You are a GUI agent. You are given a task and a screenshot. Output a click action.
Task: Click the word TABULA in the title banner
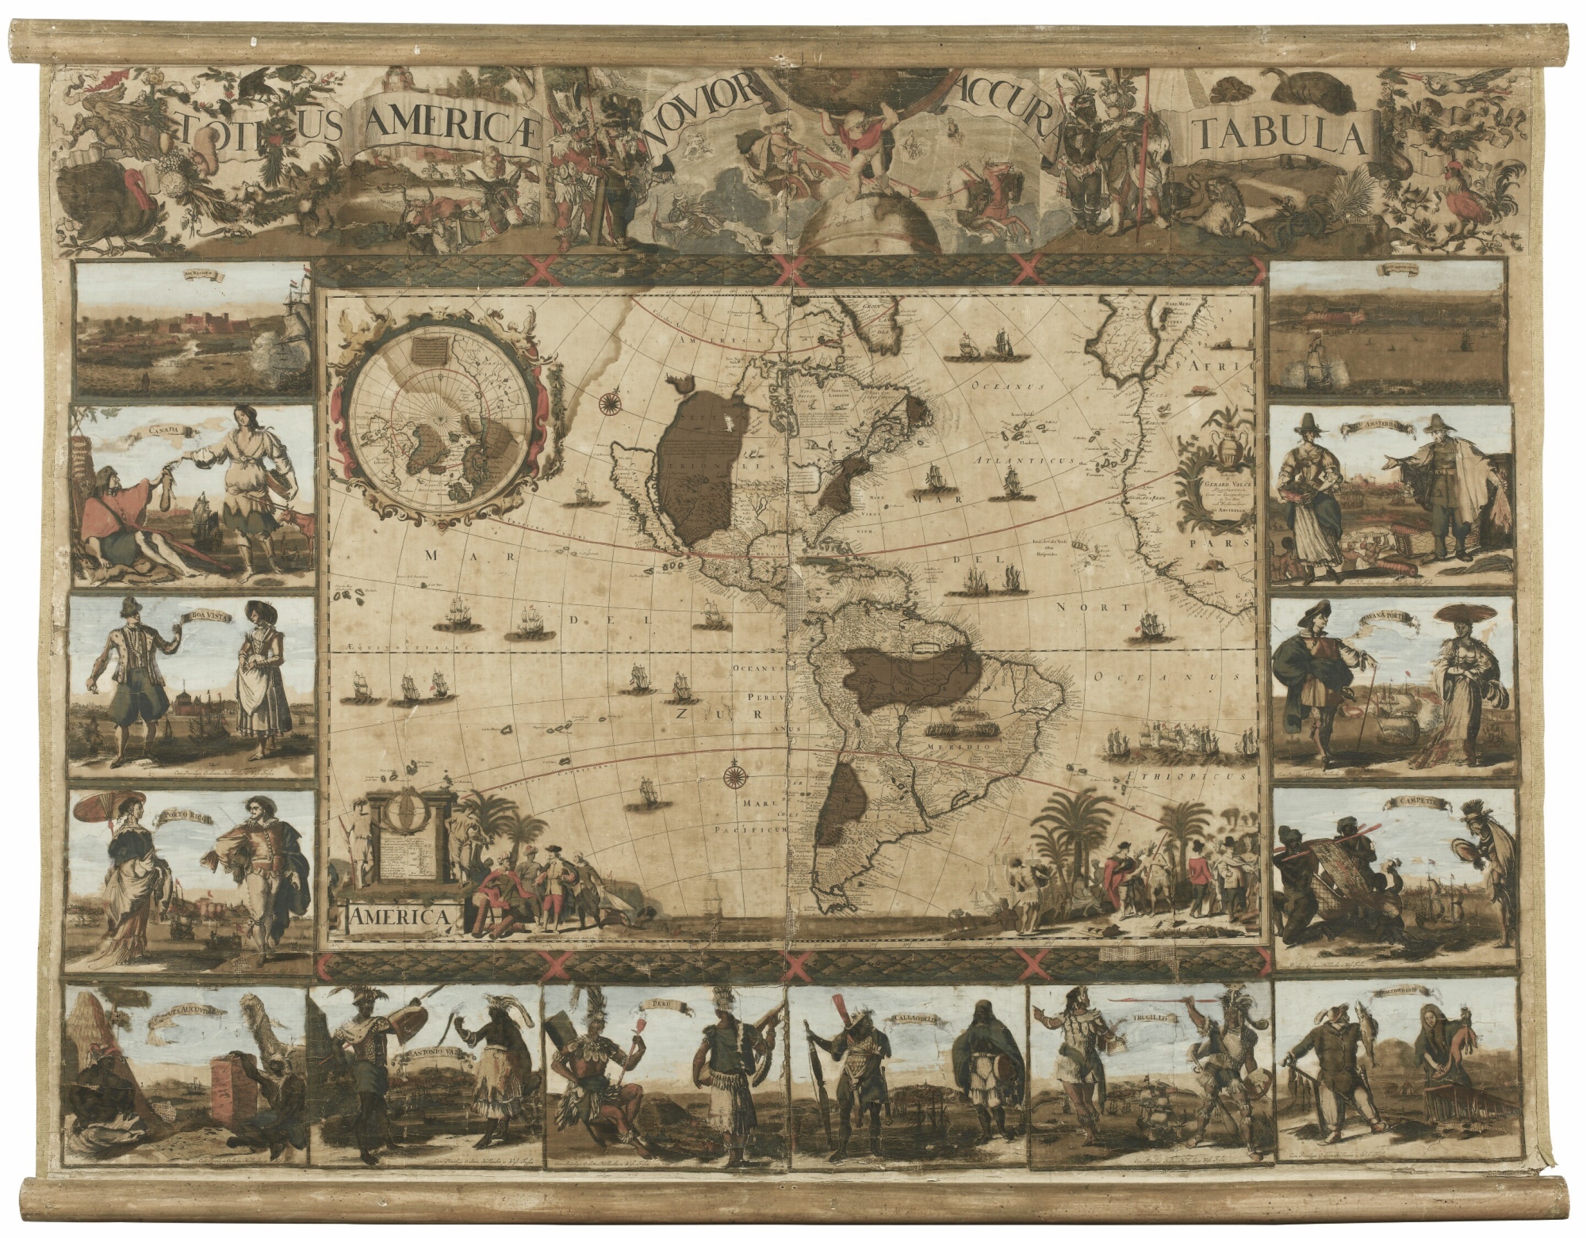click(1280, 137)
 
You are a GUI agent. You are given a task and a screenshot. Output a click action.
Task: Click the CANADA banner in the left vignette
click(165, 430)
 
